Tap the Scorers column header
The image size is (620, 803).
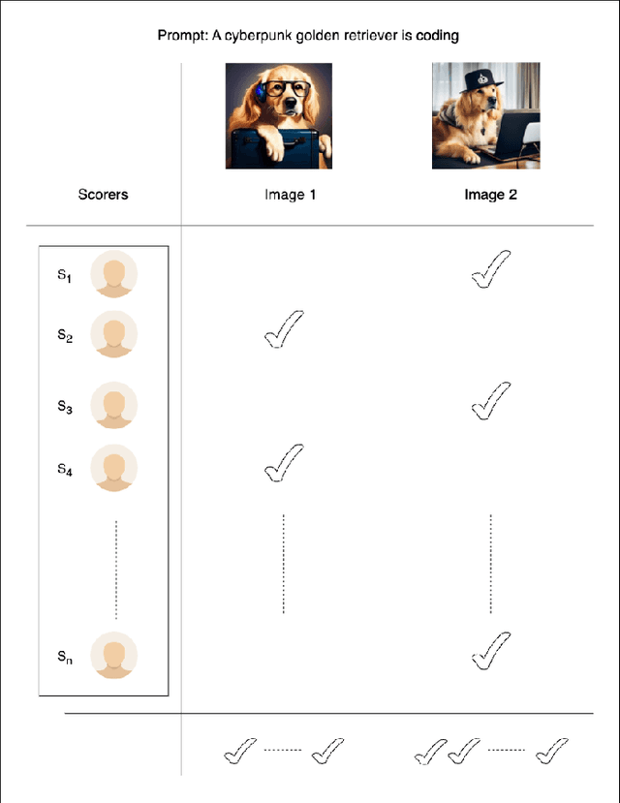pos(103,195)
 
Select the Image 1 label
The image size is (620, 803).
pos(290,195)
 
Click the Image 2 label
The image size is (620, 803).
pos(490,195)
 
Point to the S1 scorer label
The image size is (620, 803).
pos(64,275)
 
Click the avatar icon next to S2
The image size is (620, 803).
pos(113,334)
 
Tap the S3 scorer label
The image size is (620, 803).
pos(65,407)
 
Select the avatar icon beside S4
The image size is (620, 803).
pos(113,468)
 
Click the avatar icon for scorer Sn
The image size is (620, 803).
pos(113,656)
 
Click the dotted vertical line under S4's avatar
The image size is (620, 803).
pos(116,570)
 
